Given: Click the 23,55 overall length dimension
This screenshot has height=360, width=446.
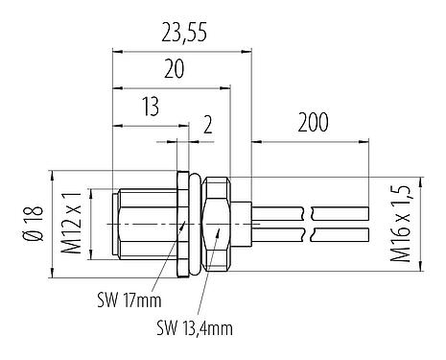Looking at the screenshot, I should click(184, 36).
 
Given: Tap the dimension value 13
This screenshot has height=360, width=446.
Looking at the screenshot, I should click(150, 107).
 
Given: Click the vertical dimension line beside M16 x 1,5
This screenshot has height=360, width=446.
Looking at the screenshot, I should click(381, 222).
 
